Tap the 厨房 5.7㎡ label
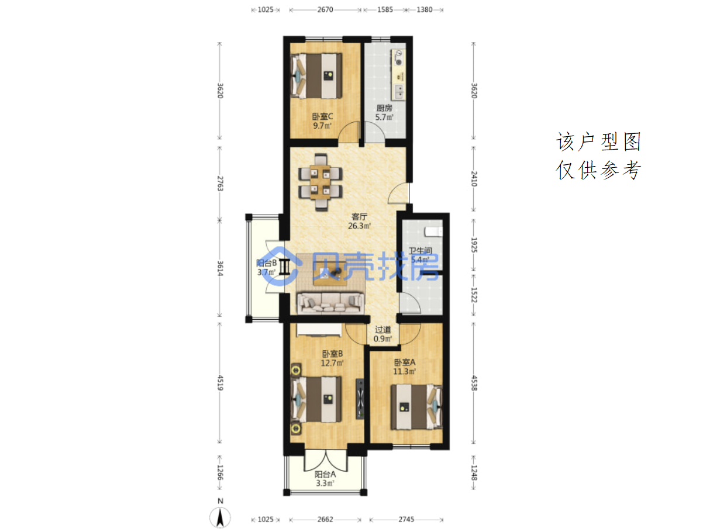(384, 112)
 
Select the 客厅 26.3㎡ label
(359, 221)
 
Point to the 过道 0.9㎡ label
(382, 334)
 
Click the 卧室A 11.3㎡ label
(404, 367)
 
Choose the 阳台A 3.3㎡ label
(325, 479)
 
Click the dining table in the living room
(320, 182)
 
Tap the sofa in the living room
(330, 302)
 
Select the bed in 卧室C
(316, 76)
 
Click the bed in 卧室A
(416, 406)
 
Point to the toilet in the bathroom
(433, 232)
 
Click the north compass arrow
(220, 517)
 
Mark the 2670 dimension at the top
(325, 9)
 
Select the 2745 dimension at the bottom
(406, 519)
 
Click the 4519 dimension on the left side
(220, 382)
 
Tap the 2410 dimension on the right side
(474, 179)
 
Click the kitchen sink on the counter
(399, 91)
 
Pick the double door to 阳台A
(325, 461)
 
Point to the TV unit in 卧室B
(360, 399)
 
